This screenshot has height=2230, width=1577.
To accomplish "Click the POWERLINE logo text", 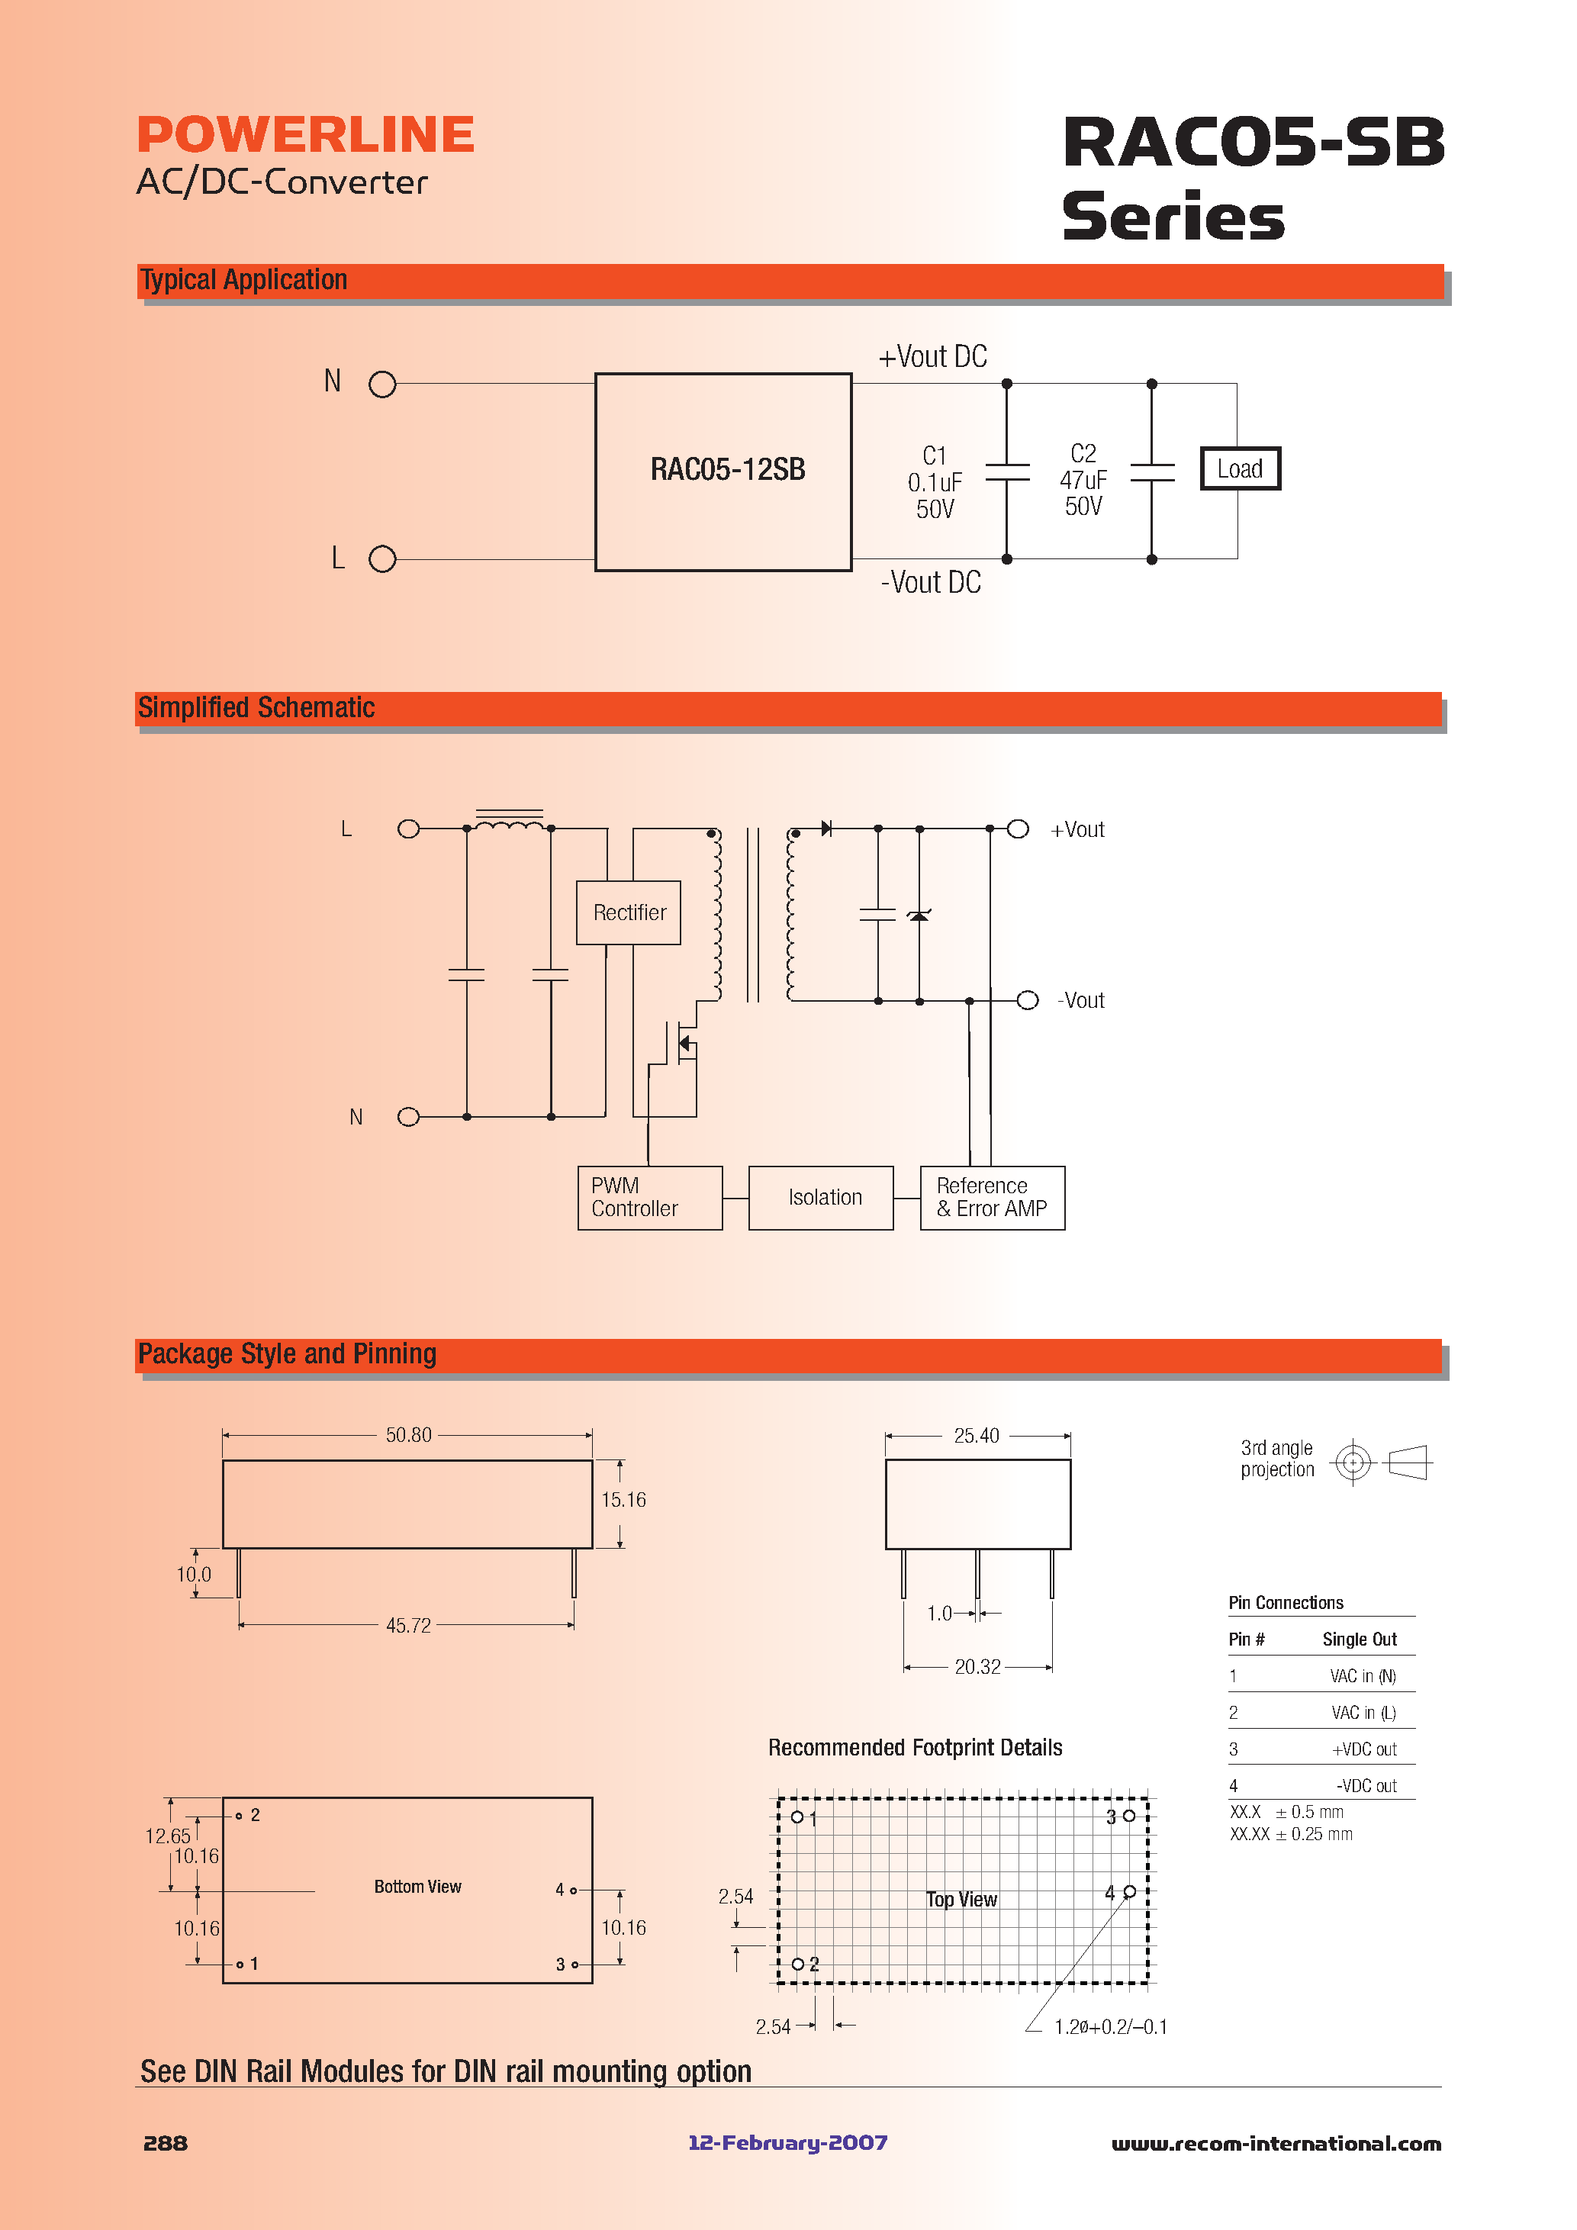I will tap(305, 135).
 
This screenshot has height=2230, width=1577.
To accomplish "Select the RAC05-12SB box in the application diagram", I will tap(723, 471).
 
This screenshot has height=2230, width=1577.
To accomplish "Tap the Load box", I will tap(1240, 469).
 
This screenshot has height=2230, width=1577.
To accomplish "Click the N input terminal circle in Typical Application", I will tap(382, 385).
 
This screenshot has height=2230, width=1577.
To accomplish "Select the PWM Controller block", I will tap(649, 1198).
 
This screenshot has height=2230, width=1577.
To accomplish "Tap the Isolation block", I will tap(821, 1198).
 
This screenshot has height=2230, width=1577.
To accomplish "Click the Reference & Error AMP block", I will tap(992, 1198).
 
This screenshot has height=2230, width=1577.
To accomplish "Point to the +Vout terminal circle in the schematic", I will tap(1018, 829).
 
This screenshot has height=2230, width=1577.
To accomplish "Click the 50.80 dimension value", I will tap(408, 1434).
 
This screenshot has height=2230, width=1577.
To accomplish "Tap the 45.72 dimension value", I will tap(408, 1625).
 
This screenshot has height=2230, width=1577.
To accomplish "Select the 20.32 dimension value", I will tap(977, 1667).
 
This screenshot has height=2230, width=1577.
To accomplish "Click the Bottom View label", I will tap(417, 1886).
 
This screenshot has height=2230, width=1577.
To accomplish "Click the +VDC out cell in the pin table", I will tap(1363, 1749).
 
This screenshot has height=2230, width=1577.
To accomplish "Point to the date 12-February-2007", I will tap(787, 2142).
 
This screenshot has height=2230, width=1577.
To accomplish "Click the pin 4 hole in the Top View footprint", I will tap(1129, 1891).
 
